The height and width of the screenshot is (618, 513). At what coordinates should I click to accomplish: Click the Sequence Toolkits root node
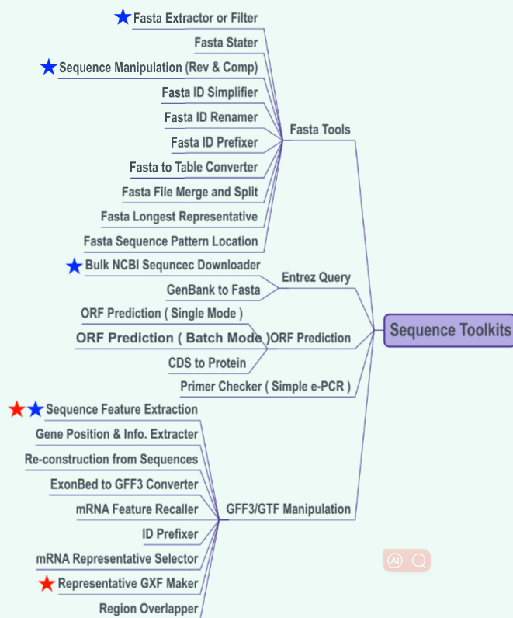(x=449, y=331)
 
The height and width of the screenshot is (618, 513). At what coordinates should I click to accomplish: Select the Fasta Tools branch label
(x=320, y=130)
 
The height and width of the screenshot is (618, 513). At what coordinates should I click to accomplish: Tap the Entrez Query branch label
(x=316, y=277)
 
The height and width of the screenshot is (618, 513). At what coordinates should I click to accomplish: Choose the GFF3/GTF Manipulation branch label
(x=288, y=509)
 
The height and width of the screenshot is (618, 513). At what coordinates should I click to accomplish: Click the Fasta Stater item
(x=226, y=43)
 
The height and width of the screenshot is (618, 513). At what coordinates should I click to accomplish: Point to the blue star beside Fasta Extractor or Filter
(x=123, y=17)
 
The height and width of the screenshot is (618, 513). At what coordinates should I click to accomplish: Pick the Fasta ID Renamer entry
(x=211, y=117)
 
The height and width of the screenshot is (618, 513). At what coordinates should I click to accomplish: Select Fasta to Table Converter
(x=193, y=167)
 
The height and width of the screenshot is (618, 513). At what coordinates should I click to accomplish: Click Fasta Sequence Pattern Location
(x=171, y=241)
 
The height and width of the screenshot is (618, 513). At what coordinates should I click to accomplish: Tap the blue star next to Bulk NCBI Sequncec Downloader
(x=74, y=266)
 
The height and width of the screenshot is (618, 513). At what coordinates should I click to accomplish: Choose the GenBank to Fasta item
(x=213, y=290)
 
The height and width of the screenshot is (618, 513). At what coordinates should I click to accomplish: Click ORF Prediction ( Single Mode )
(x=162, y=313)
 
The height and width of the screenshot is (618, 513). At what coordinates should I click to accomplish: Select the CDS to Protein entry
(x=207, y=363)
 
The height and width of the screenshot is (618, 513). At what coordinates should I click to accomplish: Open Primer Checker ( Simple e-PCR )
(x=265, y=386)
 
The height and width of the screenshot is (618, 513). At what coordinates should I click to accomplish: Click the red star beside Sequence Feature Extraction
(x=17, y=409)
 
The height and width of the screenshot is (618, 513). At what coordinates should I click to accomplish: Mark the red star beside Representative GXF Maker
(x=47, y=583)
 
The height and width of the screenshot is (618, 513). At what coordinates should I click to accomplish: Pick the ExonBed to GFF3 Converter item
(x=124, y=484)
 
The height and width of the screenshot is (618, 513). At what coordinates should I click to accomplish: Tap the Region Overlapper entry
(x=148, y=608)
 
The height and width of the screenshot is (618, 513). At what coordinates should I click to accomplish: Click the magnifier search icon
(x=420, y=561)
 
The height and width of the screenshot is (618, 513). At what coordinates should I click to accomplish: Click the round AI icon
(x=395, y=561)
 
